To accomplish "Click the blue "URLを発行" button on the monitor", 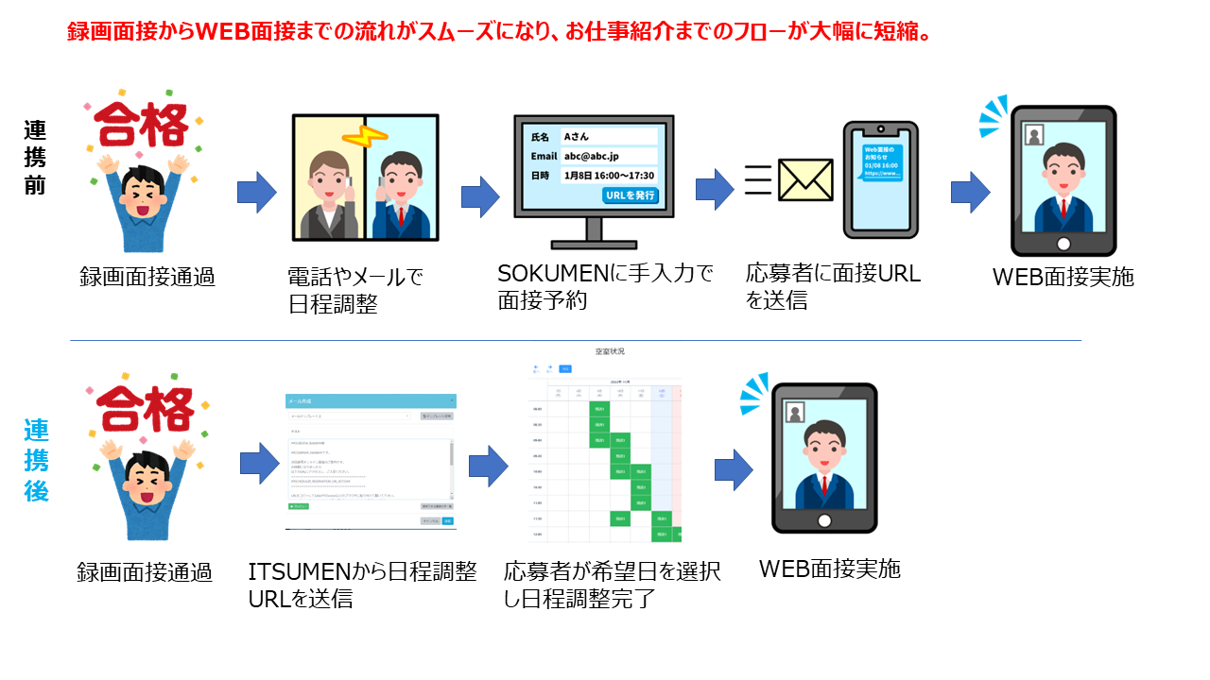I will pos(630,195).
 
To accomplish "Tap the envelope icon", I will pos(804,179).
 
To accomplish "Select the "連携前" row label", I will pos(35,157).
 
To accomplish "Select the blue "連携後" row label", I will pos(36,460).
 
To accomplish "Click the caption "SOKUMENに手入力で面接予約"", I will pos(605,287).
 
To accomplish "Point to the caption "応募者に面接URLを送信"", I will pos(832,287).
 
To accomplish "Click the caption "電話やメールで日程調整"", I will pos(354,291).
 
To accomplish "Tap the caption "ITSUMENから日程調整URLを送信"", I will pos(362,585).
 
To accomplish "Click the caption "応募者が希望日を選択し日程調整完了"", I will pos(613,584).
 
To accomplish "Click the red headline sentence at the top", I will pos(500,32).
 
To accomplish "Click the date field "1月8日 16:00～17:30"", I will pos(608,176).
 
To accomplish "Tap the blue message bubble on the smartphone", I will pos(882,161).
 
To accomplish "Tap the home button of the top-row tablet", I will pos(1063,243).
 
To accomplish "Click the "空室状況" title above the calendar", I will pos(609,351).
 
